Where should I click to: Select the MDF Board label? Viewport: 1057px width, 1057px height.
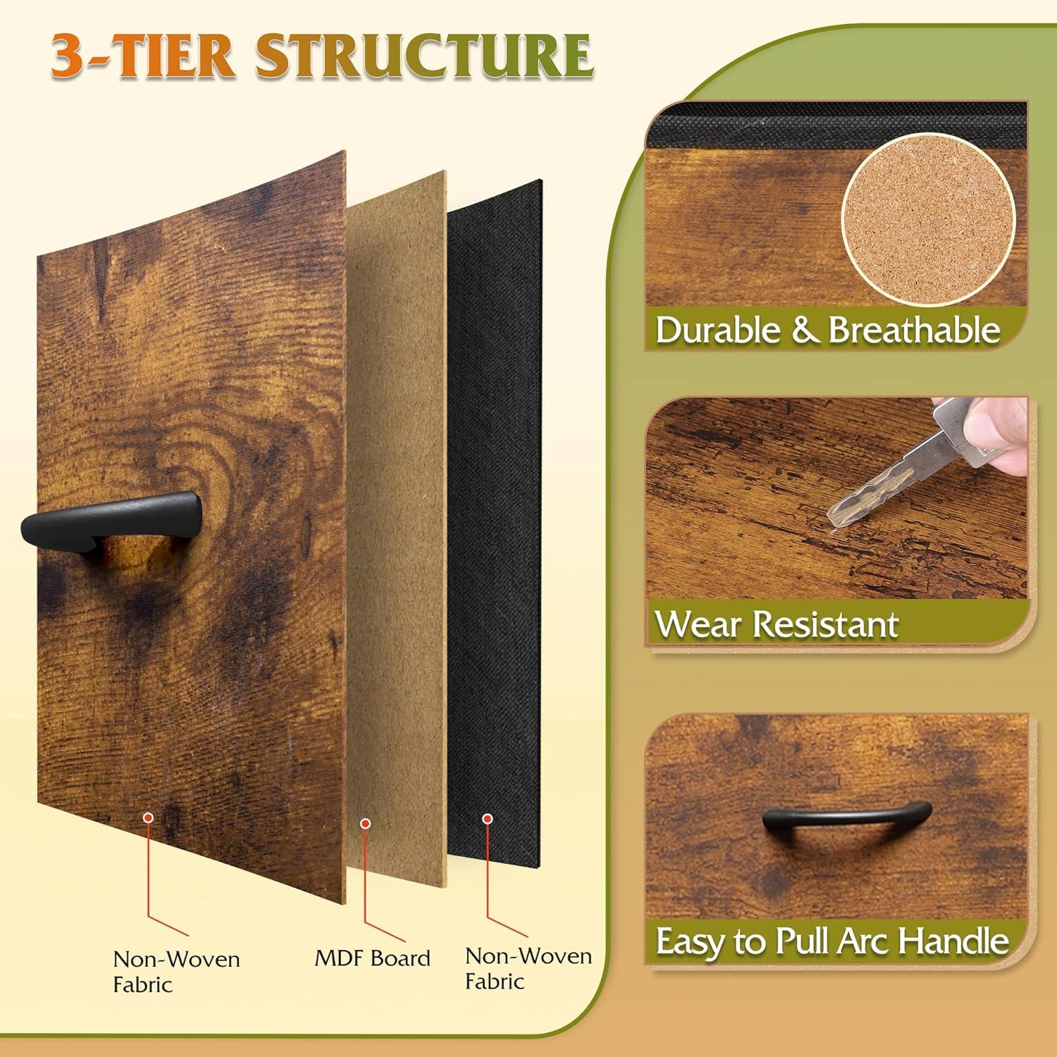point(372,958)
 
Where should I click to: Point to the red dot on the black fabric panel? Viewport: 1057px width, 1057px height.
point(486,819)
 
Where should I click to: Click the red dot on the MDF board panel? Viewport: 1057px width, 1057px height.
point(365,823)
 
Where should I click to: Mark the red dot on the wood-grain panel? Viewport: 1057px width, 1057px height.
point(148,817)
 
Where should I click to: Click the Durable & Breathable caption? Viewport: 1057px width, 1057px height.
point(828,330)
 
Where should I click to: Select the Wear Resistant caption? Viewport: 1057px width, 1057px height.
point(777,624)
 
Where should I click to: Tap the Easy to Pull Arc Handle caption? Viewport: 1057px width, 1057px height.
point(832,941)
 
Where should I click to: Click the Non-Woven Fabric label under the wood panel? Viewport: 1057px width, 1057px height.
point(176,971)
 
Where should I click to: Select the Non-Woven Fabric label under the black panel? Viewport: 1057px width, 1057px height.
point(528,968)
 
